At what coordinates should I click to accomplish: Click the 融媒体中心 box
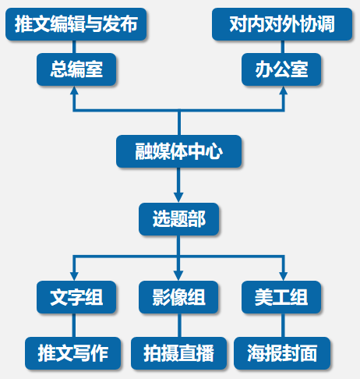tap(178, 151)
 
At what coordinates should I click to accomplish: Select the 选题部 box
tap(178, 219)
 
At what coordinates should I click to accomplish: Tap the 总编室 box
tap(76, 69)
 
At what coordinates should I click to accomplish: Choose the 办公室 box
tap(281, 69)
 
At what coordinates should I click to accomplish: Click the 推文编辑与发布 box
tap(76, 24)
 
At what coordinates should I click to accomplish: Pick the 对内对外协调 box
tap(282, 24)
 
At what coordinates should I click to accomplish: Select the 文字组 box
tap(76, 297)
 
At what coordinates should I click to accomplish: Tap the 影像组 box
tap(178, 297)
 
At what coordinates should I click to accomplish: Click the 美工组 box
tap(281, 297)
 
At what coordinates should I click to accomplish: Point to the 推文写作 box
tap(73, 353)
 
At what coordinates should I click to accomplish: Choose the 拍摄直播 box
tap(178, 353)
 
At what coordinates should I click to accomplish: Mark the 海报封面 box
tap(282, 353)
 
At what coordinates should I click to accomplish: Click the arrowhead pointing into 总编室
tap(74, 90)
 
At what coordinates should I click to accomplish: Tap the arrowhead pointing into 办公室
tap(283, 90)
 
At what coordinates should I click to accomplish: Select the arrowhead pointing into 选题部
tap(178, 198)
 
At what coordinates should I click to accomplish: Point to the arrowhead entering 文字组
tap(74, 276)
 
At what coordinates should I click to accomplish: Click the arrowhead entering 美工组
tap(283, 276)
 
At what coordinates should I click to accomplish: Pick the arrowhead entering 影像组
tap(178, 276)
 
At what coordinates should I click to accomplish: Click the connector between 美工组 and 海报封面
tap(283, 325)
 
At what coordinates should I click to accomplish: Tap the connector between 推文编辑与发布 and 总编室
tap(74, 47)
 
